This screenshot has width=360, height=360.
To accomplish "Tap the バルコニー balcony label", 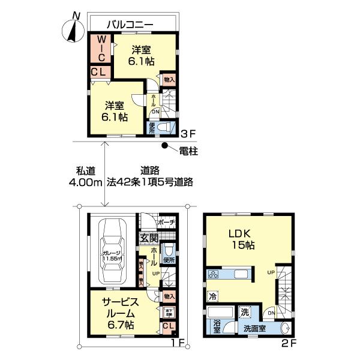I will point(130,25).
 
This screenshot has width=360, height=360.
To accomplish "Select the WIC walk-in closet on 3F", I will point(101,48).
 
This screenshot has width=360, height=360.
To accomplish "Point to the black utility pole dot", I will point(165,146).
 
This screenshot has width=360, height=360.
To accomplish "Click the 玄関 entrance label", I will point(148,238).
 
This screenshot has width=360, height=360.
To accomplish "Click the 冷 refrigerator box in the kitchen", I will point(212,295).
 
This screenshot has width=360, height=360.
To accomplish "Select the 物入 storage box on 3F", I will point(169,79).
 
